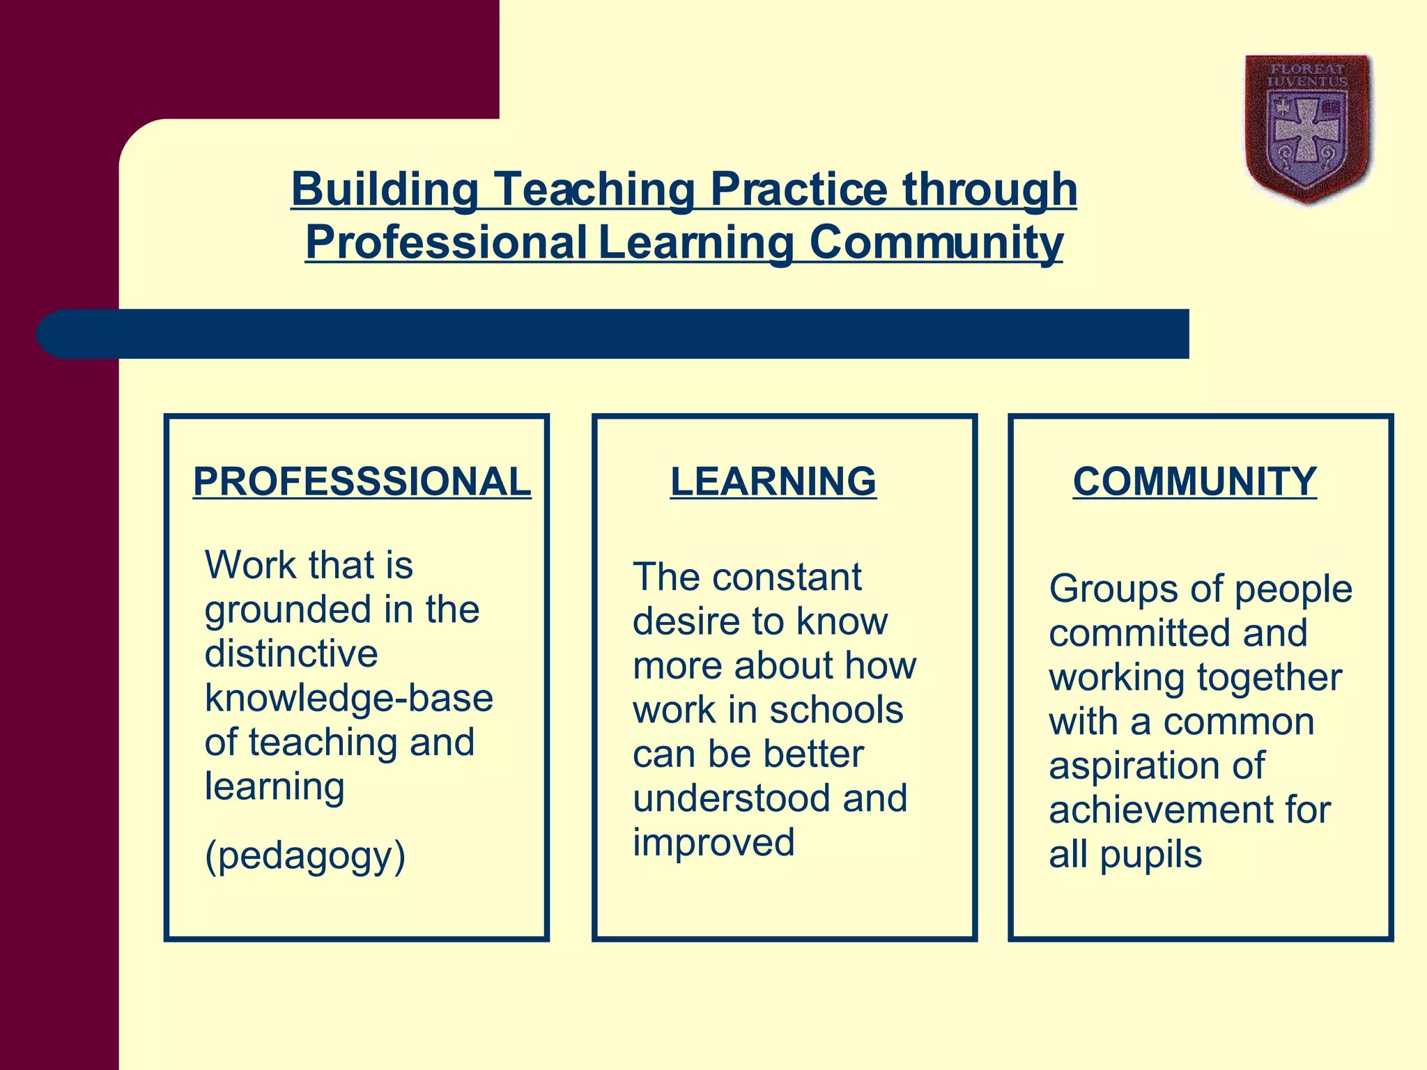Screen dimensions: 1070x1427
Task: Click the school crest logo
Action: point(1308,129)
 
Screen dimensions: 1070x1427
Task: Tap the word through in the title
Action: point(989,189)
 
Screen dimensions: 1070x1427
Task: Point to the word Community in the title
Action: point(936,242)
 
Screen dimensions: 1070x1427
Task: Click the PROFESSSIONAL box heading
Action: point(362,481)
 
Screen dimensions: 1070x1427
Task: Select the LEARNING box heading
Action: point(773,481)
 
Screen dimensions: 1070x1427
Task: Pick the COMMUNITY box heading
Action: point(1194,481)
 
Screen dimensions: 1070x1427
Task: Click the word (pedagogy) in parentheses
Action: point(304,856)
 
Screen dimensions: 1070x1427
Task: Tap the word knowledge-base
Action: point(348,698)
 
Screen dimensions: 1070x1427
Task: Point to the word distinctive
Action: point(291,653)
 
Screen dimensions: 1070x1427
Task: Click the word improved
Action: point(713,842)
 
